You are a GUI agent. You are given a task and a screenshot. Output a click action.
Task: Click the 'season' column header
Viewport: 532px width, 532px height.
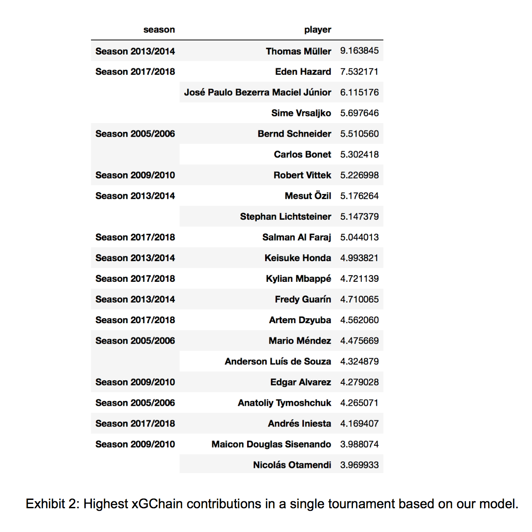pyautogui.click(x=159, y=30)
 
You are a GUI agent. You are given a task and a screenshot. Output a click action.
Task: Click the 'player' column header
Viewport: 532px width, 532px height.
pyautogui.click(x=317, y=30)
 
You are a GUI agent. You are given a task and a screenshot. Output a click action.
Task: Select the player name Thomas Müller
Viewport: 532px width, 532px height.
pyautogui.click(x=298, y=51)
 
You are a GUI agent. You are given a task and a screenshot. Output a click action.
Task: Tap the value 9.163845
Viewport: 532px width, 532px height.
pyautogui.click(x=359, y=51)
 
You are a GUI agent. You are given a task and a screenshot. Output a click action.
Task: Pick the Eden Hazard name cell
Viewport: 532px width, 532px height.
pyautogui.click(x=303, y=72)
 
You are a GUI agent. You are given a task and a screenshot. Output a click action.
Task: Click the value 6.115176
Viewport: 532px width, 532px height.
pyautogui.click(x=359, y=92)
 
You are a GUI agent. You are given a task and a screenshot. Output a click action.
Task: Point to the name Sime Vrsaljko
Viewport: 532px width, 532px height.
pyautogui.click(x=301, y=113)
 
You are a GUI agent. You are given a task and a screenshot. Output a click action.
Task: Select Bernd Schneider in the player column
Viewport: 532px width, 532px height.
pyautogui.click(x=294, y=134)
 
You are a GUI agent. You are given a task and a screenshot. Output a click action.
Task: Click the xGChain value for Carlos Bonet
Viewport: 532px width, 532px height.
pyautogui.click(x=359, y=154)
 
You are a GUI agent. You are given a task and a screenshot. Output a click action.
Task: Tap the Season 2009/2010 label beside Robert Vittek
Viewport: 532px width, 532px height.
pyautogui.click(x=135, y=175)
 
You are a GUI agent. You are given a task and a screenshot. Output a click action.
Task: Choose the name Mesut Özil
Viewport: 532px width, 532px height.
pyautogui.click(x=308, y=196)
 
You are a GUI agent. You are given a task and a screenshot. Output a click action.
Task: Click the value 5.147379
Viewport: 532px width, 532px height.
pyautogui.click(x=359, y=216)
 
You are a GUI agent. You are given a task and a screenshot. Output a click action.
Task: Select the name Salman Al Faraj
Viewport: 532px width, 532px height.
pyautogui.click(x=296, y=237)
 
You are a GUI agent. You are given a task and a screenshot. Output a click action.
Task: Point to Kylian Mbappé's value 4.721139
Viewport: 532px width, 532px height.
pyautogui.click(x=359, y=278)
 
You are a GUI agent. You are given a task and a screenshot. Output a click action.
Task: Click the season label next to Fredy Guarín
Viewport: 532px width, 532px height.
pyautogui.click(x=135, y=299)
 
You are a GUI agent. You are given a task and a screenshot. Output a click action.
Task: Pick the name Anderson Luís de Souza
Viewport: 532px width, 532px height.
pyautogui.click(x=277, y=361)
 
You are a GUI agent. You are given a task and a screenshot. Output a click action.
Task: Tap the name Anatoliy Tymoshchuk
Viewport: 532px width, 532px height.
pyautogui.click(x=284, y=403)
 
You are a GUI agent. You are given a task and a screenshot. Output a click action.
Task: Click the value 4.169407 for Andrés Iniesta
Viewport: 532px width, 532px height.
pyautogui.click(x=359, y=423)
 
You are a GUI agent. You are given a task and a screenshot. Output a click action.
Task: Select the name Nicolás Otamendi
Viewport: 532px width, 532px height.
pyautogui.click(x=292, y=465)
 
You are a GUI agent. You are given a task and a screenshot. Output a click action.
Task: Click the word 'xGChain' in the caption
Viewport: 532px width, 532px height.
pyautogui.click(x=157, y=504)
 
